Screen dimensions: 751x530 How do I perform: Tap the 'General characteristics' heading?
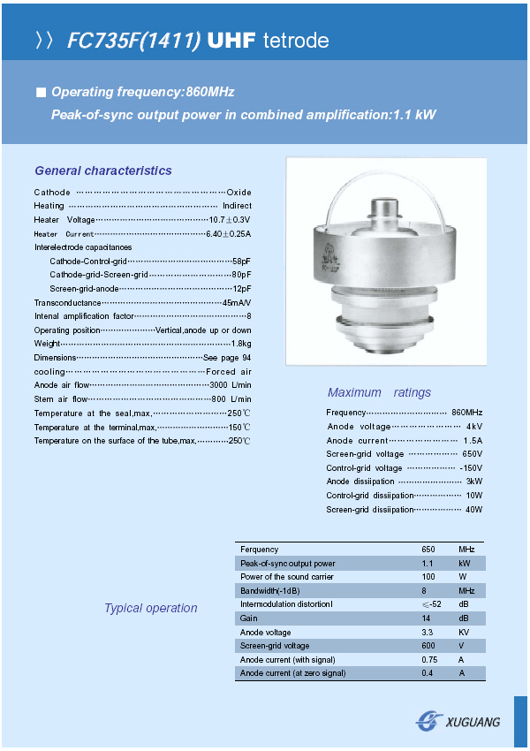103,171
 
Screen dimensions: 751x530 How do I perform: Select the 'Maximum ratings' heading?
379,392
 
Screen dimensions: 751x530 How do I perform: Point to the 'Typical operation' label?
151,608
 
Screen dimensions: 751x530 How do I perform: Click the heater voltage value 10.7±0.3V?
230,220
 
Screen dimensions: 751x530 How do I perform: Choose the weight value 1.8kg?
241,344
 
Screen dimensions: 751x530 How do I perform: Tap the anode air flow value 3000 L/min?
231,385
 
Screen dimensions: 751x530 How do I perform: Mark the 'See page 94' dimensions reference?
227,358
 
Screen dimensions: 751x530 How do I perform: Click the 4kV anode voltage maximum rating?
474,427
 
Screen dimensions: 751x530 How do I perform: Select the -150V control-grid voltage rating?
471,468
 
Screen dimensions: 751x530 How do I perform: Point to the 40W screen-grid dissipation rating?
473,510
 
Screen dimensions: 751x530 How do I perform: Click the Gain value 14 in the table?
427,618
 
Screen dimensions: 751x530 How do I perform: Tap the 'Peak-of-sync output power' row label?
288,564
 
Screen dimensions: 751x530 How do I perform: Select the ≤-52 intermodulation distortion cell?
431,604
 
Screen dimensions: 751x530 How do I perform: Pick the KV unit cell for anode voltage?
465,633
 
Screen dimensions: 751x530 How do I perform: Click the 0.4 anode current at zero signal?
428,673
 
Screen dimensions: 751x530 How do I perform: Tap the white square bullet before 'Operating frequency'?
40,92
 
